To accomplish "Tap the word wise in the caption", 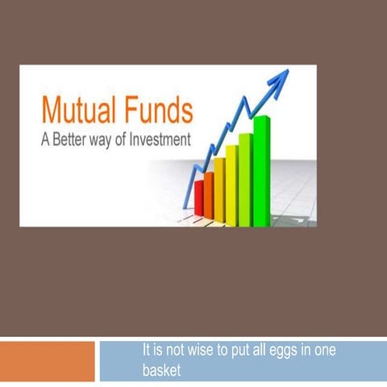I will (189, 352).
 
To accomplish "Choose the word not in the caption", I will (164, 352).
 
